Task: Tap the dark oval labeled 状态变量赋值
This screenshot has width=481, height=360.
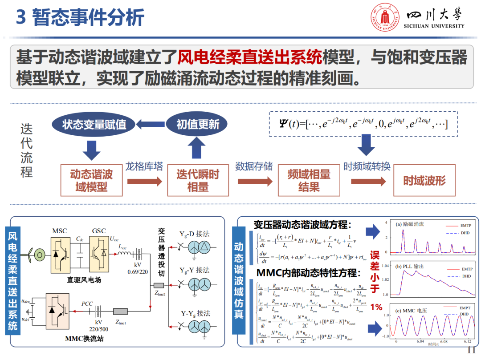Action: click(x=94, y=125)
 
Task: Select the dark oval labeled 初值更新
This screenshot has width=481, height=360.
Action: click(x=197, y=125)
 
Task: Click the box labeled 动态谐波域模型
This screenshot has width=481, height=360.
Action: click(x=91, y=180)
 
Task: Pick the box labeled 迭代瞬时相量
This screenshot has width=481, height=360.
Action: click(x=197, y=180)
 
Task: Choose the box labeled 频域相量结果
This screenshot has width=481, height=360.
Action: click(x=309, y=180)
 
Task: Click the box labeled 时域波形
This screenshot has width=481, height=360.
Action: click(x=424, y=180)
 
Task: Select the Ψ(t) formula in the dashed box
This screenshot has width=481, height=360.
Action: click(x=361, y=124)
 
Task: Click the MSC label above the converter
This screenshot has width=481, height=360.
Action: click(x=60, y=231)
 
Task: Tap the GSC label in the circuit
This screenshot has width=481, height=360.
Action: click(x=99, y=231)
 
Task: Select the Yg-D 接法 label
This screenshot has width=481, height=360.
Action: click(x=194, y=234)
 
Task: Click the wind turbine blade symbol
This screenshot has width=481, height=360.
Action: click(x=28, y=255)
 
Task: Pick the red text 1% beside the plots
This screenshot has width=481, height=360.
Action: click(x=376, y=307)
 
